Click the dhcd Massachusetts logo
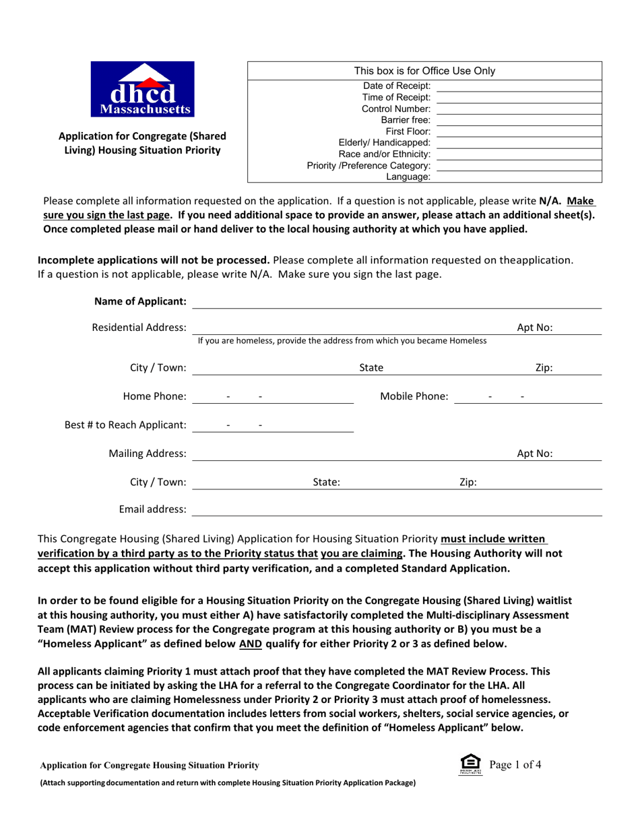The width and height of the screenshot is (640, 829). pyautogui.click(x=146, y=90)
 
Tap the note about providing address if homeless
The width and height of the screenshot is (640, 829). pyautogui.click(x=342, y=341)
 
